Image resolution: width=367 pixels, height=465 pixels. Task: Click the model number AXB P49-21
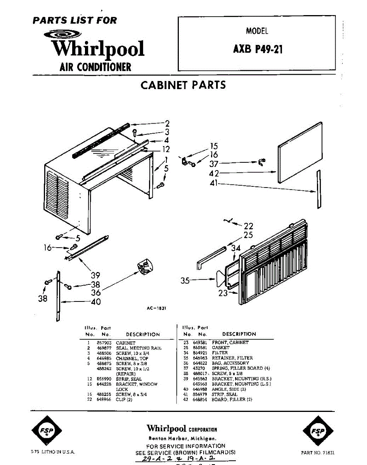tap(258, 50)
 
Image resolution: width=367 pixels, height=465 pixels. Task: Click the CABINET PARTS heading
tap(183, 85)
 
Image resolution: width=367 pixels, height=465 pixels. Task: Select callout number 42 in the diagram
tap(214, 173)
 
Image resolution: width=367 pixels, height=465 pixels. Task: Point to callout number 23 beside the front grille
tap(223, 293)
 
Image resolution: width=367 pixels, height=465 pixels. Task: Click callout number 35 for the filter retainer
tap(185, 281)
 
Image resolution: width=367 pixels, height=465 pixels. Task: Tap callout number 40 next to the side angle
tap(95, 301)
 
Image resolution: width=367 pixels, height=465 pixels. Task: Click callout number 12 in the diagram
tap(166, 149)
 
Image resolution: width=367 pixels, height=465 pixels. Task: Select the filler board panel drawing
tap(300, 152)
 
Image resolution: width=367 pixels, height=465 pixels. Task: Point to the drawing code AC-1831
tap(156, 308)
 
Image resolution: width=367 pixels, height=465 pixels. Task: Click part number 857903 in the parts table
tap(104, 343)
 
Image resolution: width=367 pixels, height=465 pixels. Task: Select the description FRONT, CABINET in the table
tap(230, 343)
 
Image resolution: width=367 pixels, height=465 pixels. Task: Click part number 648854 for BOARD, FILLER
tap(200, 400)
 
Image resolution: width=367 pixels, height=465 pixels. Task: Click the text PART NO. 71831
tap(318, 452)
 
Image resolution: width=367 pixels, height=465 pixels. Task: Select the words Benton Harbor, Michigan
tap(182, 439)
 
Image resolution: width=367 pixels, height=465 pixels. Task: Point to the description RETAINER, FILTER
tap(232, 358)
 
